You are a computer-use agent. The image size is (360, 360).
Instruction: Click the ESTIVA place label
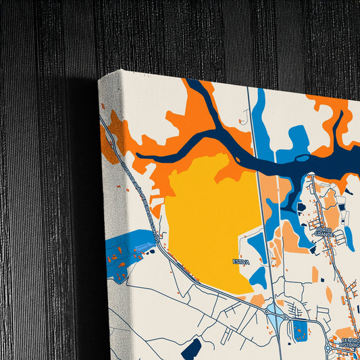[x=241, y=261]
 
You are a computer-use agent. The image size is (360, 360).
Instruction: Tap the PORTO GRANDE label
[x=326, y=232]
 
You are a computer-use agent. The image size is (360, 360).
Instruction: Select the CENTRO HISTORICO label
[x=350, y=343]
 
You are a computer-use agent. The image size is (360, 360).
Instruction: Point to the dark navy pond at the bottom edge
[x=191, y=349]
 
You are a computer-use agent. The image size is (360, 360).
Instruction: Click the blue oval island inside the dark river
[x=302, y=159]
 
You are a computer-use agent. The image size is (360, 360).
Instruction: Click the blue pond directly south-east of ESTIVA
[x=257, y=276]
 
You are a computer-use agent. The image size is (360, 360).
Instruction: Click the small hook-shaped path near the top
[x=242, y=122]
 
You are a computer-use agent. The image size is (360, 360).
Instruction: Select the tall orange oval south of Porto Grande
[x=329, y=294]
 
